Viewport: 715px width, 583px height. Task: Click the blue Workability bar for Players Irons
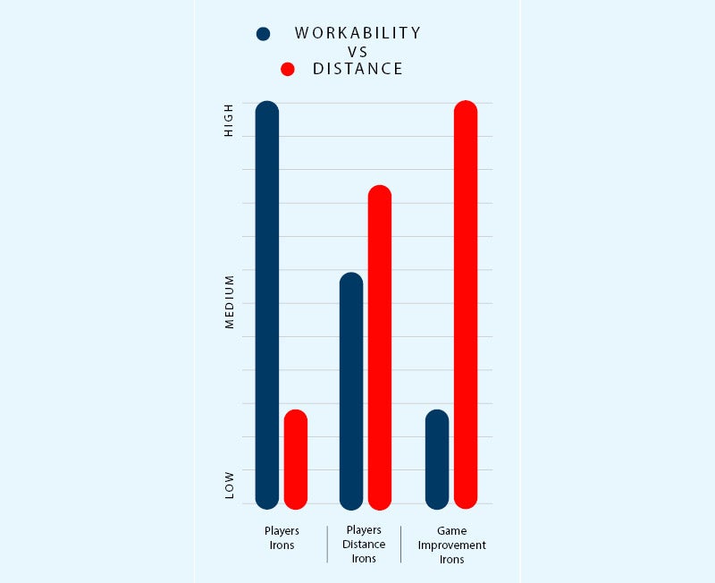pyautogui.click(x=267, y=304)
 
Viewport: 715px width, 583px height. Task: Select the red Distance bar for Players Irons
pyautogui.click(x=296, y=459)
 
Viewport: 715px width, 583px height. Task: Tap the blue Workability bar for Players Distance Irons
pyautogui.click(x=351, y=390)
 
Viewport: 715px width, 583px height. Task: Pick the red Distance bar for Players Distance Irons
pyautogui.click(x=380, y=346)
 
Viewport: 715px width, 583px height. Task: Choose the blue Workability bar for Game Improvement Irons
pyautogui.click(x=437, y=459)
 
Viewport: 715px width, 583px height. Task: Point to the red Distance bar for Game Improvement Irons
pyautogui.click(x=466, y=304)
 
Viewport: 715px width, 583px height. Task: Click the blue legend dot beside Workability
pyautogui.click(x=263, y=34)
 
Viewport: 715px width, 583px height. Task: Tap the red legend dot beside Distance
pyautogui.click(x=288, y=69)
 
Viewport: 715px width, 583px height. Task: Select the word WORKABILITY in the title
pyautogui.click(x=357, y=33)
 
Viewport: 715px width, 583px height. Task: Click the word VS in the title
pyautogui.click(x=357, y=52)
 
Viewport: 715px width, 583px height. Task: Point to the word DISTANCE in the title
pyautogui.click(x=357, y=69)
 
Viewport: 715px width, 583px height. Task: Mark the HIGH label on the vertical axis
pyautogui.click(x=229, y=120)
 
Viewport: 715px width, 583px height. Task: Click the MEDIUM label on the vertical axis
pyautogui.click(x=229, y=301)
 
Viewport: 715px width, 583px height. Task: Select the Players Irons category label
pyautogui.click(x=282, y=537)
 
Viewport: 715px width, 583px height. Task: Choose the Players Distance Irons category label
pyautogui.click(x=364, y=545)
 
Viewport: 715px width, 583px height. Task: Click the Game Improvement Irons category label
pyautogui.click(x=451, y=545)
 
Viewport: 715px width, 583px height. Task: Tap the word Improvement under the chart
pyautogui.click(x=451, y=545)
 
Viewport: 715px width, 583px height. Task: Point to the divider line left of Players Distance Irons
pyautogui.click(x=327, y=544)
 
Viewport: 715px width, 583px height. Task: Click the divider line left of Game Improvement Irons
pyautogui.click(x=400, y=544)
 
